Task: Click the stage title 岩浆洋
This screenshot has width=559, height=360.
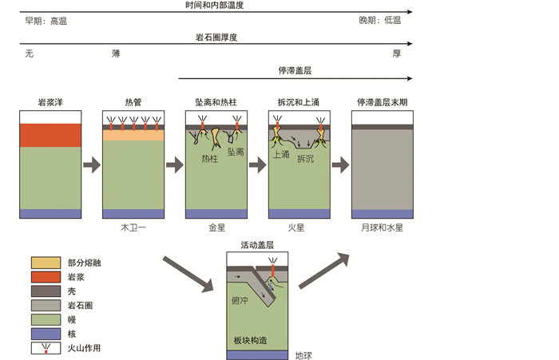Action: point(50,103)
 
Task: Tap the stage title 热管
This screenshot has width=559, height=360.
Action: point(133,103)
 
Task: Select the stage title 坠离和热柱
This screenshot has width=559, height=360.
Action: point(216,103)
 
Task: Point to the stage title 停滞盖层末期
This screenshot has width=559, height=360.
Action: point(383,103)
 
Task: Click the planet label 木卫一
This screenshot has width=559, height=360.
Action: point(133,227)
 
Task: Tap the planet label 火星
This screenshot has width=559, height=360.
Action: point(298,227)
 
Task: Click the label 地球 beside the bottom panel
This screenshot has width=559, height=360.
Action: point(304,355)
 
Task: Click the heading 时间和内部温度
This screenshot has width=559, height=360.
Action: point(215,5)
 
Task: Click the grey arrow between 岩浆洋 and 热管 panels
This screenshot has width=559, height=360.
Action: point(92,165)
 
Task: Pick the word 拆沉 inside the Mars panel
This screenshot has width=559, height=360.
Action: point(306,159)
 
